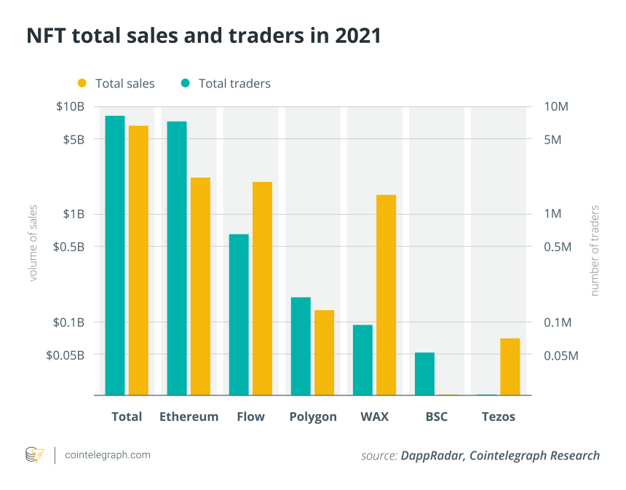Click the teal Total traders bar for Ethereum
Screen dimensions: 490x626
coord(177,258)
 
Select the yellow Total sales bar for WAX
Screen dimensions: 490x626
coord(386,295)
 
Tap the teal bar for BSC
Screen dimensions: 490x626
coord(424,374)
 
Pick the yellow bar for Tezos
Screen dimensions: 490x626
coord(510,367)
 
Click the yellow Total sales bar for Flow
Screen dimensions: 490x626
coord(262,288)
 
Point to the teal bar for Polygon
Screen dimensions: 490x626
coord(301,346)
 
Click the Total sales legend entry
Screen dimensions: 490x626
coord(116,83)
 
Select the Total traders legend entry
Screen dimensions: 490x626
coord(226,83)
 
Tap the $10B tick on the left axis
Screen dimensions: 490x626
coord(71,107)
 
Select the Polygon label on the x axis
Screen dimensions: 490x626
coord(313,416)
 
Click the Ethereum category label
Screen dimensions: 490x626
coord(189,416)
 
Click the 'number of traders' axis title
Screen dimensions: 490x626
coord(594,251)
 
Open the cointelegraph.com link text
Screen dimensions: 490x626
coord(108,455)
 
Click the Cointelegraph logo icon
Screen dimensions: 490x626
coord(34,455)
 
